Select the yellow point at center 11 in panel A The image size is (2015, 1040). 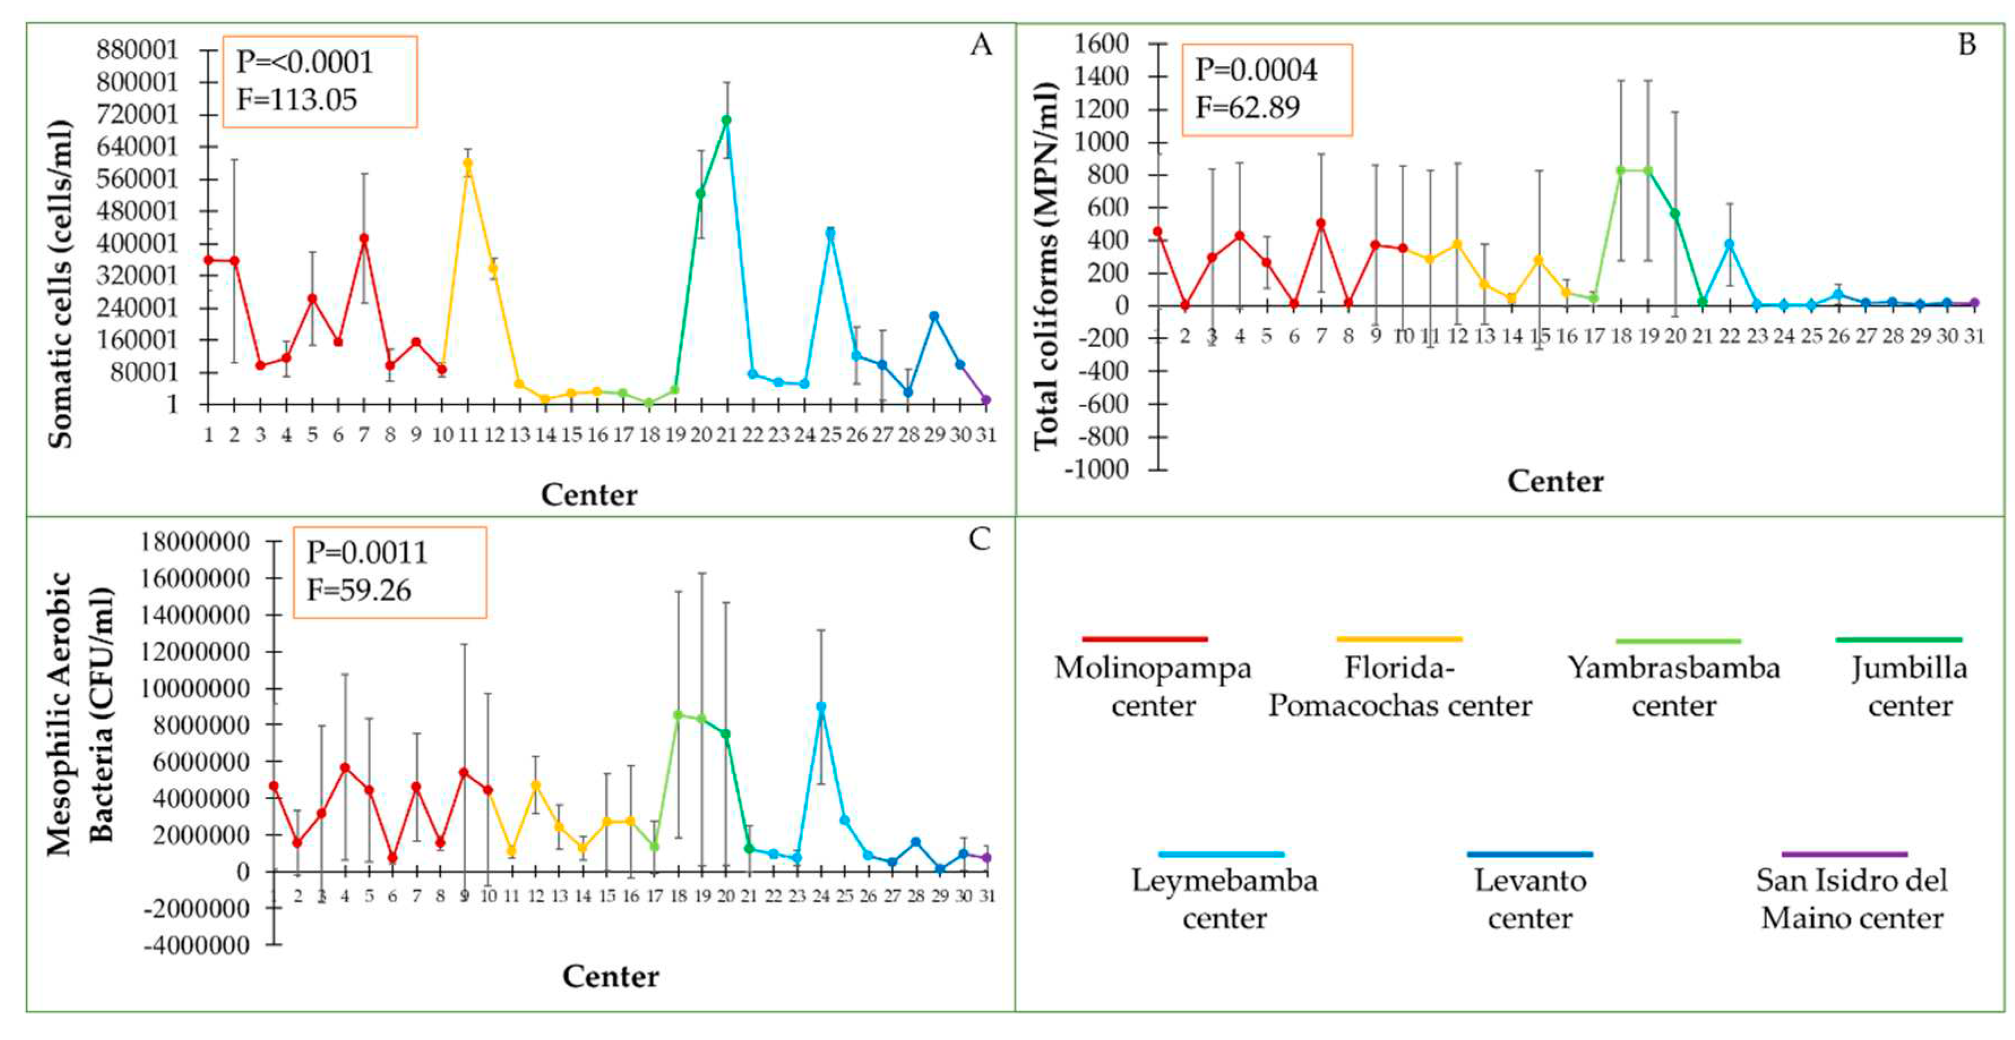[468, 163]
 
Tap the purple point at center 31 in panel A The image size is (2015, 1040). [985, 400]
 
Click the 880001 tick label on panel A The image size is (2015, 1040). [137, 50]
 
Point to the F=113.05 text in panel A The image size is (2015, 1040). [296, 100]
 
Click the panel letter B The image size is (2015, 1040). [1966, 45]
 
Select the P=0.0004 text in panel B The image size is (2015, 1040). [1255, 70]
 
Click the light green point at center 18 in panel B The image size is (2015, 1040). [1621, 170]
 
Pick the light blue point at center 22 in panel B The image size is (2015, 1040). [1729, 244]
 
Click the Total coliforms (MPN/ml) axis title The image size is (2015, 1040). [1046, 266]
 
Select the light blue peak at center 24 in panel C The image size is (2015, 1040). [821, 706]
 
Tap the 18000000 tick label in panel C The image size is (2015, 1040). [196, 542]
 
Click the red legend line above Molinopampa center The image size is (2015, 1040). [1145, 639]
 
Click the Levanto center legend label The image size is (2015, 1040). [1529, 899]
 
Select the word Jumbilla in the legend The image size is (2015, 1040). [1909, 668]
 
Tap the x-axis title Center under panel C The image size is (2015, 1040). [610, 976]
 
